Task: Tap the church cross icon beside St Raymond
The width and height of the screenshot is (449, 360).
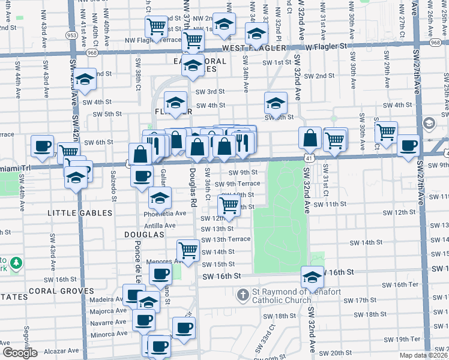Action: click(242, 295)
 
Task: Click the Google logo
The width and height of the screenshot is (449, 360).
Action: click(20, 353)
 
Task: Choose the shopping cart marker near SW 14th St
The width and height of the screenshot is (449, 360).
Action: click(188, 249)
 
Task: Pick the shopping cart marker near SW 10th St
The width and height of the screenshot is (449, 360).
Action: click(229, 205)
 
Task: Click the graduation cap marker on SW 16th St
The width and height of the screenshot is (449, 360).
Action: click(312, 277)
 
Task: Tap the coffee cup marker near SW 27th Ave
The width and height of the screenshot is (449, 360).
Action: click(408, 146)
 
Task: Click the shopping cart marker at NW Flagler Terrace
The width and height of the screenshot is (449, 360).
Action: click(193, 40)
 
